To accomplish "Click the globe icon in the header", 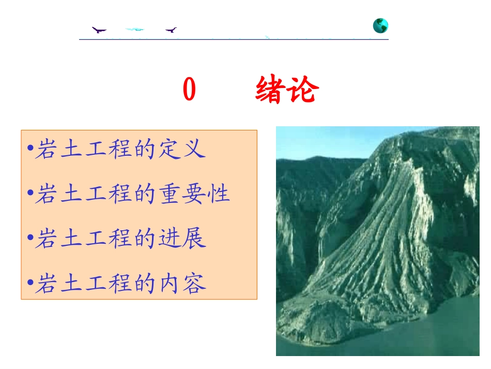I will point(380,26).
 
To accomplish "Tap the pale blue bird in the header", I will point(135,29).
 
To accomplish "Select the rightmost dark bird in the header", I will point(171,30).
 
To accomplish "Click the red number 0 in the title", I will point(190,91).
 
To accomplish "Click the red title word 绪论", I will point(287,91).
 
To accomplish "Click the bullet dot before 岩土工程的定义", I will point(29,150).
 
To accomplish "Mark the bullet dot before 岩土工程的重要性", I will point(29,195).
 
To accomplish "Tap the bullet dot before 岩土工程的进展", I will point(29,239).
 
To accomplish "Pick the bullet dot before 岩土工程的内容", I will point(29,284).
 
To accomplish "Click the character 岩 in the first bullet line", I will point(45,149).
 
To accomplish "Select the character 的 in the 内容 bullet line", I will point(144,284).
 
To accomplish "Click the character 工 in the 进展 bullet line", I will point(95,239).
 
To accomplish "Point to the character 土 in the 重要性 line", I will point(70,194).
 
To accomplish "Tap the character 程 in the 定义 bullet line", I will point(119,149).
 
